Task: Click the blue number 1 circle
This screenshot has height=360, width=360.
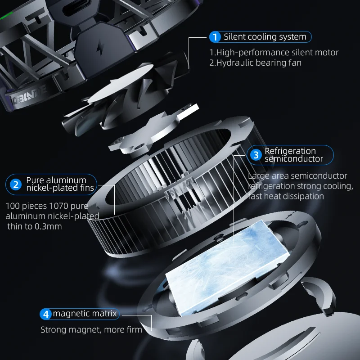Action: click(215, 37)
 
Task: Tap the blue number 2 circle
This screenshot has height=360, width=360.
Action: click(16, 184)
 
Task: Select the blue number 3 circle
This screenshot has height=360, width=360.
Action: click(256, 155)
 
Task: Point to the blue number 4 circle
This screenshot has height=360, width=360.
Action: click(46, 314)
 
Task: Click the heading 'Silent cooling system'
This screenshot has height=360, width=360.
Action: click(265, 37)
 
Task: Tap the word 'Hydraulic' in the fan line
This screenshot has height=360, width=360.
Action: click(235, 63)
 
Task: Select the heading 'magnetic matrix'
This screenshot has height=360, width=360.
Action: click(85, 314)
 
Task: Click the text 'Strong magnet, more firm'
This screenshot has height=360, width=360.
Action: click(91, 330)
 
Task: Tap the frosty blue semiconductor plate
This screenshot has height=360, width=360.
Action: click(228, 268)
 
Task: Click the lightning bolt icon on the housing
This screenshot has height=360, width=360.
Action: click(100, 48)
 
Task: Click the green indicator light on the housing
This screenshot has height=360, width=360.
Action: click(6, 16)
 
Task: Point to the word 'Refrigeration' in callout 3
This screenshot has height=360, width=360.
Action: click(290, 151)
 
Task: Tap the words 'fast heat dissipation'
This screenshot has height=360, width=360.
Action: click(286, 196)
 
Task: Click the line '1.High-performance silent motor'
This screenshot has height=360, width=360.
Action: click(274, 53)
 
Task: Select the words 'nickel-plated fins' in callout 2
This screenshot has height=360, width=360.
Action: click(60, 188)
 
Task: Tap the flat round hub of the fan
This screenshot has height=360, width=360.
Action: click(121, 83)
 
